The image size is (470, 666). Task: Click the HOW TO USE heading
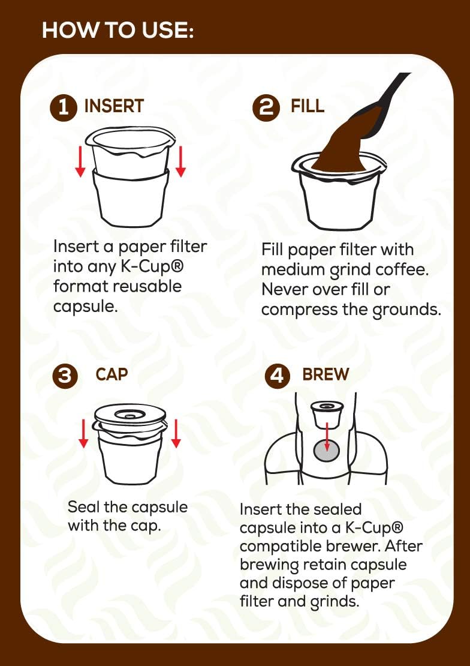[117, 30]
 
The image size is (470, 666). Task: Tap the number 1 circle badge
[64, 108]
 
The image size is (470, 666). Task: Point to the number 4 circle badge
[276, 376]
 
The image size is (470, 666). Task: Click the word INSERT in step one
[114, 107]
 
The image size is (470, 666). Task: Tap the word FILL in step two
[308, 107]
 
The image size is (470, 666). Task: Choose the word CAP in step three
[112, 374]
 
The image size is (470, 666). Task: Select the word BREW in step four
[326, 374]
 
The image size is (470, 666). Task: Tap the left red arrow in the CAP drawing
[83, 433]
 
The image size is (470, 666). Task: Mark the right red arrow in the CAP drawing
[176, 433]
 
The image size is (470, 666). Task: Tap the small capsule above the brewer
[327, 413]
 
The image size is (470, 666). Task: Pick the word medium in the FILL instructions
[291, 269]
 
